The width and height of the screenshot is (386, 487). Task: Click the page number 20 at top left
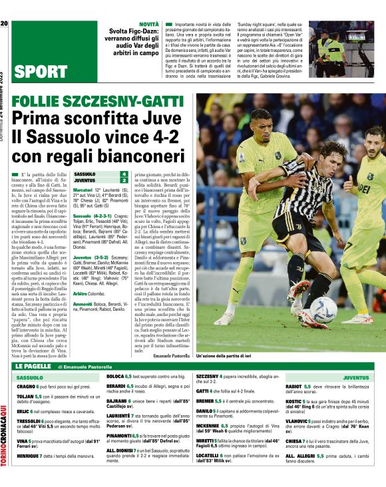4,24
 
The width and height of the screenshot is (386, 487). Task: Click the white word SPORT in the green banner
40,72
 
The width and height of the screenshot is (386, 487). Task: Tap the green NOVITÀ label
148,24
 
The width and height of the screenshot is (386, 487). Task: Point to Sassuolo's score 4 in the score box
123,174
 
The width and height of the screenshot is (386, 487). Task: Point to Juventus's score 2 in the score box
123,180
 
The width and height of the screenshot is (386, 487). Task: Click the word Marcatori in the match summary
83,190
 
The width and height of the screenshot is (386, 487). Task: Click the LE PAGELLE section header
33,367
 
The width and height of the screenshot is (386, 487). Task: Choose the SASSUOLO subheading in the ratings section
29,377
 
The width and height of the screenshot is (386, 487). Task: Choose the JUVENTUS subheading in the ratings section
356,377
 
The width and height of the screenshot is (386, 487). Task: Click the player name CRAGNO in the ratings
27,386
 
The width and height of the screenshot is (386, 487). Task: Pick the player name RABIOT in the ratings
293,386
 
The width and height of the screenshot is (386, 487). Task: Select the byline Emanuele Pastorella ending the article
171,356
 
